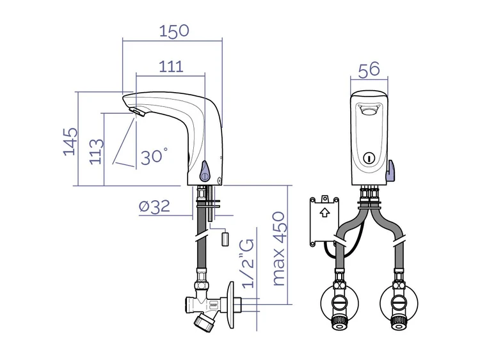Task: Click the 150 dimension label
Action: (x=174, y=31)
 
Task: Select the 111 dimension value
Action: (x=171, y=67)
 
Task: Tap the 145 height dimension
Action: (x=70, y=141)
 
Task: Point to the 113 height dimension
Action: (x=97, y=152)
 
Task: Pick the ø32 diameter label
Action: (x=154, y=207)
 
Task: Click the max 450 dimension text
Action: (x=278, y=249)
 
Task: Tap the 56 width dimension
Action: (x=369, y=70)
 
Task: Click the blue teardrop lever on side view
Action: (x=205, y=171)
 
